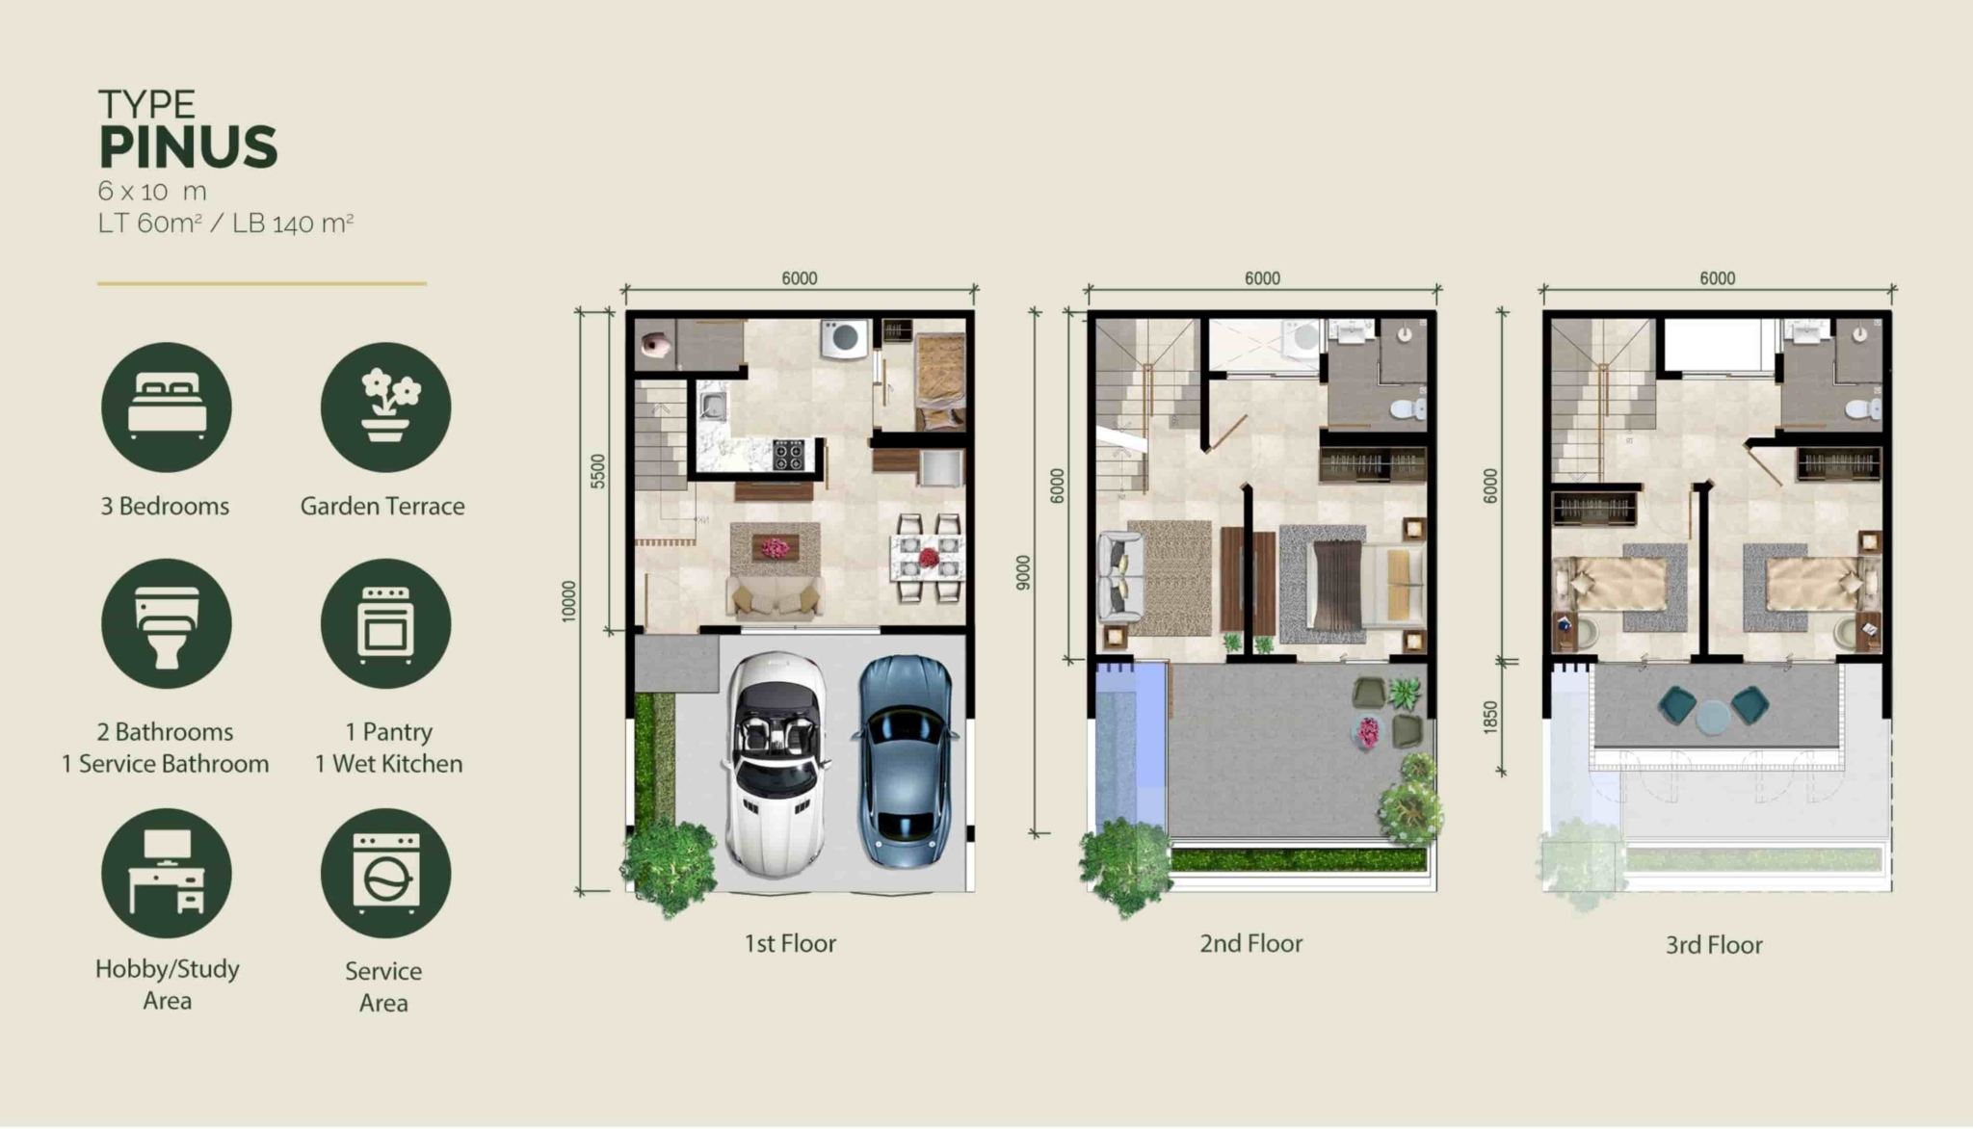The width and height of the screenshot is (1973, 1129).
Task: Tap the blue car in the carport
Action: (x=903, y=760)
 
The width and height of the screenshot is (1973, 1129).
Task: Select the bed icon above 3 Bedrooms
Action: (x=167, y=407)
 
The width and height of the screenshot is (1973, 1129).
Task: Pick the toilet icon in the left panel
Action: (x=167, y=624)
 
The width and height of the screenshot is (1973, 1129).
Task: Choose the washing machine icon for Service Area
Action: (x=385, y=873)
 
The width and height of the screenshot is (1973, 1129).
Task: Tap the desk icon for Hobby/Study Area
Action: (x=167, y=873)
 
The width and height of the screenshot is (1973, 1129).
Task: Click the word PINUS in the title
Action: (x=188, y=147)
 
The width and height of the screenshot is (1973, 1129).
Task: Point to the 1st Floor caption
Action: (x=790, y=943)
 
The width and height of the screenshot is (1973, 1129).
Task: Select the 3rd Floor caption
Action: (x=1714, y=945)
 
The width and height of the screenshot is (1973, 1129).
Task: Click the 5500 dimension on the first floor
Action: (x=598, y=471)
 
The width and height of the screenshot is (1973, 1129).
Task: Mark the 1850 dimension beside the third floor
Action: (x=1490, y=718)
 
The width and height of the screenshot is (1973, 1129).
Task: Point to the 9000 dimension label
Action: (x=1023, y=573)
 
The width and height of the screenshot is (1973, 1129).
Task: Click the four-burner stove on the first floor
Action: (x=789, y=455)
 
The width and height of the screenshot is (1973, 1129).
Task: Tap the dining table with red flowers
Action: (x=928, y=558)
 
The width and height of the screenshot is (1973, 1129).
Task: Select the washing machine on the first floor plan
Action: (x=845, y=339)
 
